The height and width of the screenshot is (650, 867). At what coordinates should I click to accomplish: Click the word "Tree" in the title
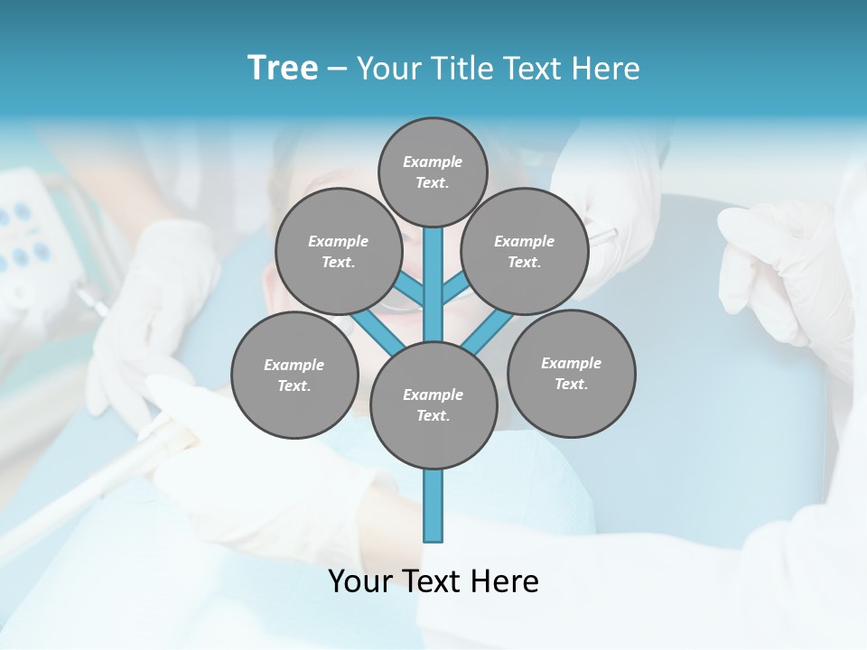pyautogui.click(x=283, y=68)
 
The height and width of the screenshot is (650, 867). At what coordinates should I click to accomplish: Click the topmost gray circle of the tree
pyautogui.click(x=433, y=172)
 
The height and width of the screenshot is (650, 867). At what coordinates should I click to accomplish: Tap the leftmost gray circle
pyautogui.click(x=294, y=375)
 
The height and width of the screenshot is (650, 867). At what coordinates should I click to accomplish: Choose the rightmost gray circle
pyautogui.click(x=571, y=373)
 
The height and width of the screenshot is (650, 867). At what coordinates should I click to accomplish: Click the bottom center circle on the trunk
pyautogui.click(x=433, y=404)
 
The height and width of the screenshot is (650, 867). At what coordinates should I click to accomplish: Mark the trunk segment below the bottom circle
pyautogui.click(x=433, y=506)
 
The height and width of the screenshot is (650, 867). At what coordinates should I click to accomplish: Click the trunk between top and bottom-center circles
pyautogui.click(x=433, y=284)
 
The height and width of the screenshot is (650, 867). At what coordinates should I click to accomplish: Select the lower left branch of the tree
pyautogui.click(x=378, y=330)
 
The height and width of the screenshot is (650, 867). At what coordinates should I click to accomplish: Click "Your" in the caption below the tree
pyautogui.click(x=361, y=581)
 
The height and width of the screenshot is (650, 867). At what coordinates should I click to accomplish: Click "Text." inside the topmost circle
pyautogui.click(x=433, y=182)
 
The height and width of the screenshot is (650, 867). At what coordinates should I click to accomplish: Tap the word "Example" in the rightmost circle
pyautogui.click(x=571, y=363)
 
